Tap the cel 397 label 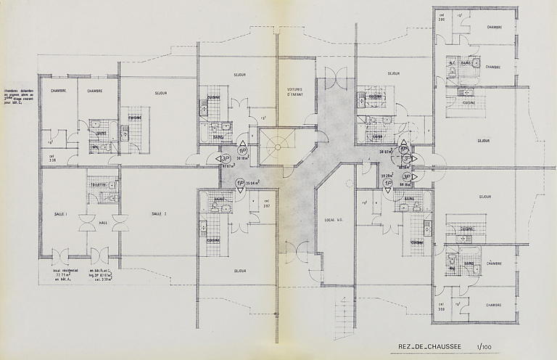[x=267, y=203]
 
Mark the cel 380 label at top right [x=441, y=18]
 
